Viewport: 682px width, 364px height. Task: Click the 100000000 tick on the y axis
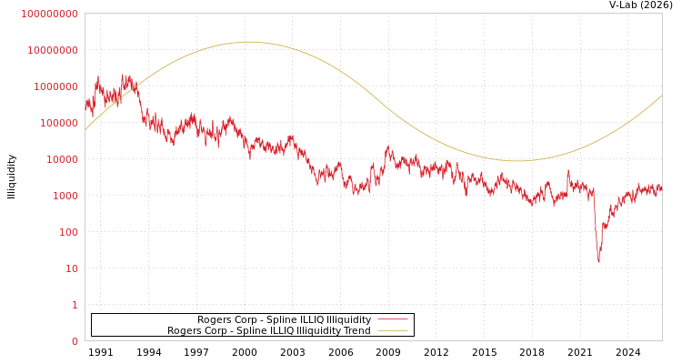pyautogui.click(x=50, y=14)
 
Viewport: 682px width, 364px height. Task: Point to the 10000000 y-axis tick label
pyautogui.click(x=53, y=50)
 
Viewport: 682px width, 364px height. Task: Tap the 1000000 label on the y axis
pyautogui.click(x=55, y=86)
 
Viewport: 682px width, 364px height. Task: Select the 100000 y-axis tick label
pyautogui.click(x=58, y=123)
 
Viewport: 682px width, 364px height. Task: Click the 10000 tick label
pyautogui.click(x=61, y=159)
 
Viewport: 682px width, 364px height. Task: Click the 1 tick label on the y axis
pyautogui.click(x=75, y=305)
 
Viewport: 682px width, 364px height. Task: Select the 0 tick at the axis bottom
pyautogui.click(x=75, y=341)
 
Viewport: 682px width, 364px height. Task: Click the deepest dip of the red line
pyautogui.click(x=598, y=261)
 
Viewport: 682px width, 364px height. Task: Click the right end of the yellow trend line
pyautogui.click(x=662, y=96)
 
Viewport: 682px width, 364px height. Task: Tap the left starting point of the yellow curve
pyautogui.click(x=85, y=130)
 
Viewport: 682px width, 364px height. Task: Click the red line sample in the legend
pyautogui.click(x=392, y=320)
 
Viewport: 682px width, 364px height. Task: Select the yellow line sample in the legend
pyautogui.click(x=392, y=331)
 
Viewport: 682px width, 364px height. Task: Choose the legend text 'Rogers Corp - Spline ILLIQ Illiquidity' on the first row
pyautogui.click(x=284, y=320)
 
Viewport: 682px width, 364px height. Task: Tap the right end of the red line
pyautogui.click(x=662, y=189)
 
